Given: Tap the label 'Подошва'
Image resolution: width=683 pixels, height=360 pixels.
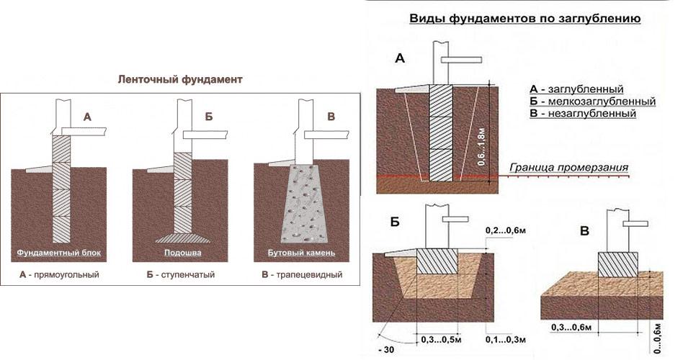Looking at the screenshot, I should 178,253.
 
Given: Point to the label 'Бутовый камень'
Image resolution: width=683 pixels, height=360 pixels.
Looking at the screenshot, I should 300,253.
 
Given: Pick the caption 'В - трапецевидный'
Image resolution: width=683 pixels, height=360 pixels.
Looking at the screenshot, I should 300,274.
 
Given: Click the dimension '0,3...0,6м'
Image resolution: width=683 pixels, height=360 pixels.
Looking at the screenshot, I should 570,328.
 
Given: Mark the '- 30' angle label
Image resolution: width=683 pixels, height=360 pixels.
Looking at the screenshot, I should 387,351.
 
